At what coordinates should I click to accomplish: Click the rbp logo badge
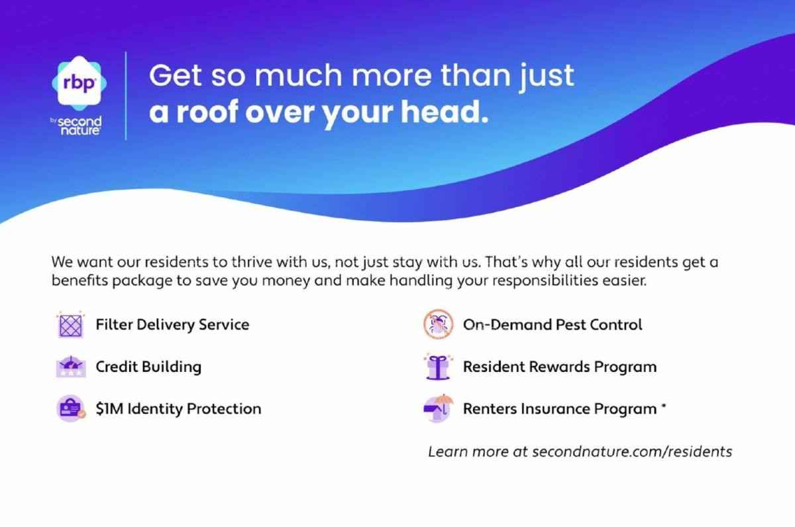pos(79,83)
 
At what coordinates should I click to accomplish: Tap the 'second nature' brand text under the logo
pos(79,126)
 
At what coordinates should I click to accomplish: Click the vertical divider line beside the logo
pos(126,96)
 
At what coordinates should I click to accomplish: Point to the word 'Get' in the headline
pos(176,76)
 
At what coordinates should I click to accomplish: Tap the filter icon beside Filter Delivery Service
pos(71,325)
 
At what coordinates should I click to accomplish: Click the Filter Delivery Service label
pos(172,325)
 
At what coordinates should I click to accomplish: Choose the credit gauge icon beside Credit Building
pos(71,367)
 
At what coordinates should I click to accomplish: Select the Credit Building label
pos(148,367)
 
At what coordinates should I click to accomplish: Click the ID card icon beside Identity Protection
pos(71,408)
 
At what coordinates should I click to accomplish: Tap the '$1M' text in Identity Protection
pos(110,409)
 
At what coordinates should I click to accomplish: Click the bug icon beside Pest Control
pos(439,324)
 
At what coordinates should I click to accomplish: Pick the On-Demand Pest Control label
pos(553,325)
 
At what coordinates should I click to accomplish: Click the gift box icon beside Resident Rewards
pos(439,367)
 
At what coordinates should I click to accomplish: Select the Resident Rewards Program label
pos(560,367)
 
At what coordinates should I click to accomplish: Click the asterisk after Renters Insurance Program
pos(663,406)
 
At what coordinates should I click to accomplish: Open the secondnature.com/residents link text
pos(632,451)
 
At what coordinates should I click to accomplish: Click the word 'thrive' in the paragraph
pos(252,262)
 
